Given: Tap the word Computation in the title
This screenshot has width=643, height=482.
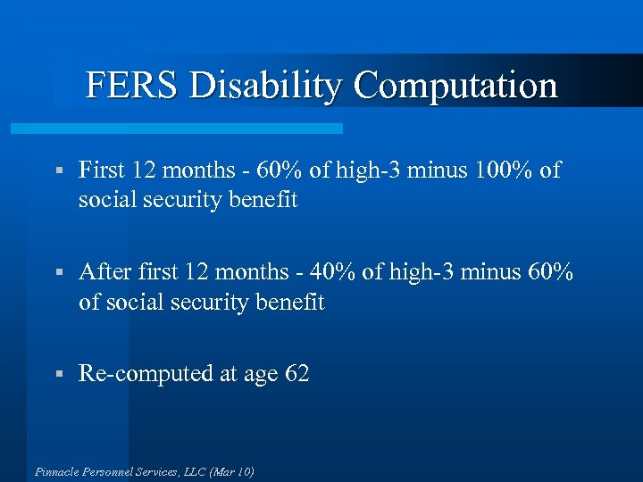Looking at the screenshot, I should [x=455, y=86].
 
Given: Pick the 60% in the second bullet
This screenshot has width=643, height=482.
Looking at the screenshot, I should [x=549, y=271].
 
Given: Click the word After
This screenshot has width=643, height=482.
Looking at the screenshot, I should [x=104, y=271].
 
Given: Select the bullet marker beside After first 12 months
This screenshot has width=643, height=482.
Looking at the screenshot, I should [x=57, y=272].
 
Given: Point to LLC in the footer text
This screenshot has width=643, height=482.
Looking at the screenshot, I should [x=194, y=470].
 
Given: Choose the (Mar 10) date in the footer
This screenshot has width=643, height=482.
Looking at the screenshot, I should [x=232, y=470].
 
